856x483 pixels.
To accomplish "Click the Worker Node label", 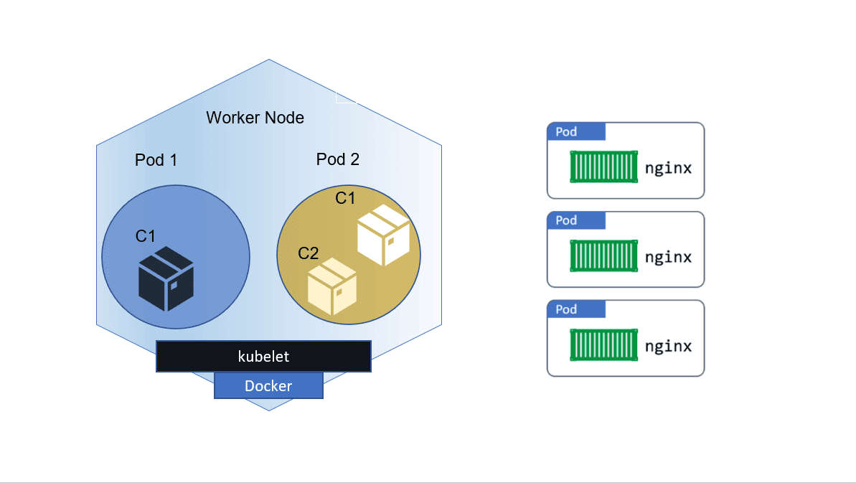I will coord(255,118).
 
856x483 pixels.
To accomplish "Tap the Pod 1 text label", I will coord(156,160).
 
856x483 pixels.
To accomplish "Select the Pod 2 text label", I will coord(337,159).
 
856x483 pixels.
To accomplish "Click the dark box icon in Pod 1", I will coord(166,278).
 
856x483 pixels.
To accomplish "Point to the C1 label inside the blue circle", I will coord(146,236).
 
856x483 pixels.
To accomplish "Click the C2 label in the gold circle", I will coord(308,253).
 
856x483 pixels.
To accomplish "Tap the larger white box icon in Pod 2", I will coord(384,235).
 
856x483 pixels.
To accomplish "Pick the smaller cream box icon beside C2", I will coord(331,287).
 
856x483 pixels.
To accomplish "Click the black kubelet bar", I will coord(263,357).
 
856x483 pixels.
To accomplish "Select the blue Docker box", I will coord(268,386).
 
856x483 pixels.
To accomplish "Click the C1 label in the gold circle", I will coord(345,198).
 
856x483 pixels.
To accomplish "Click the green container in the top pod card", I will coord(603,167).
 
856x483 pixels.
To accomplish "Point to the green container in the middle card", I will coord(603,256).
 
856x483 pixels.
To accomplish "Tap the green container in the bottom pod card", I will coord(603,345).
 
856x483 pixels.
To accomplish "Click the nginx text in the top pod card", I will coord(668,169).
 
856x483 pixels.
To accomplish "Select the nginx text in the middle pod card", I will coord(668,257).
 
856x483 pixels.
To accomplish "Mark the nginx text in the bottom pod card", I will coord(668,346).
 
